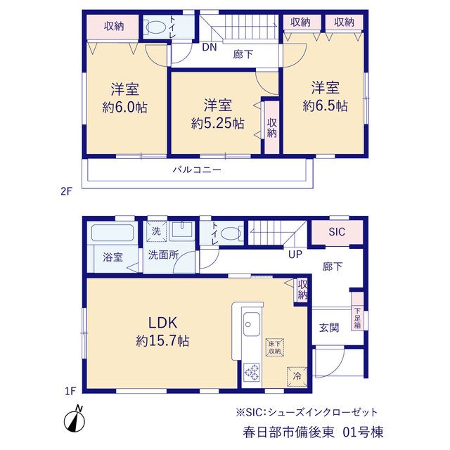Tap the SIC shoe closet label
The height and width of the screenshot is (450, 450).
tap(337, 231)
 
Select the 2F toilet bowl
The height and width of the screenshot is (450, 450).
tap(156, 27)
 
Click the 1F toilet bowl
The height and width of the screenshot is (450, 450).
tap(231, 233)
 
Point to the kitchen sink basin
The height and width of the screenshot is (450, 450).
tap(252, 324)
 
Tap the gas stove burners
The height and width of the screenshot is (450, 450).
tap(252, 372)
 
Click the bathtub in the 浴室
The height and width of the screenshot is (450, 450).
tap(112, 233)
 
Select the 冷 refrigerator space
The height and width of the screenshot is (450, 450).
tap(297, 376)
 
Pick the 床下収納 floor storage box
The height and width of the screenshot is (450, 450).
tap(275, 347)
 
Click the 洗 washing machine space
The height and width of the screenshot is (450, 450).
tap(156, 231)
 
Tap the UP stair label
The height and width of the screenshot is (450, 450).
tap(295, 255)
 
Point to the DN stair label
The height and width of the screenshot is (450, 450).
tap(210, 47)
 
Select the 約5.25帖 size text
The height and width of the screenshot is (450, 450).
tap(218, 124)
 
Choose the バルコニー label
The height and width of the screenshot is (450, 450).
tap(197, 169)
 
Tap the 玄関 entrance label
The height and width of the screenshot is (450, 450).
tap(329, 328)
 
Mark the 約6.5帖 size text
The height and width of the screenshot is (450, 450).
tap(325, 106)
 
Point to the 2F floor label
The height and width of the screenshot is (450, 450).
tap(66, 191)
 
